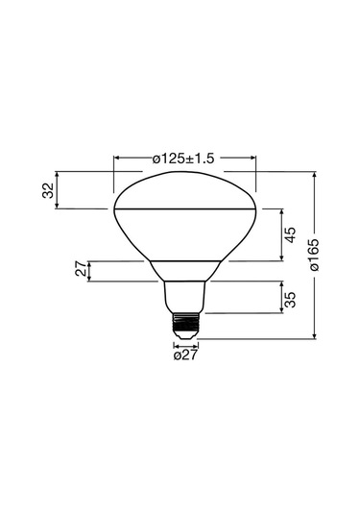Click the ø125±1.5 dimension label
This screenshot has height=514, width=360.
183,156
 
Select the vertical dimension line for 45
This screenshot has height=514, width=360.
280,235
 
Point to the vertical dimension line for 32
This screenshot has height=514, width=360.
58,190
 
